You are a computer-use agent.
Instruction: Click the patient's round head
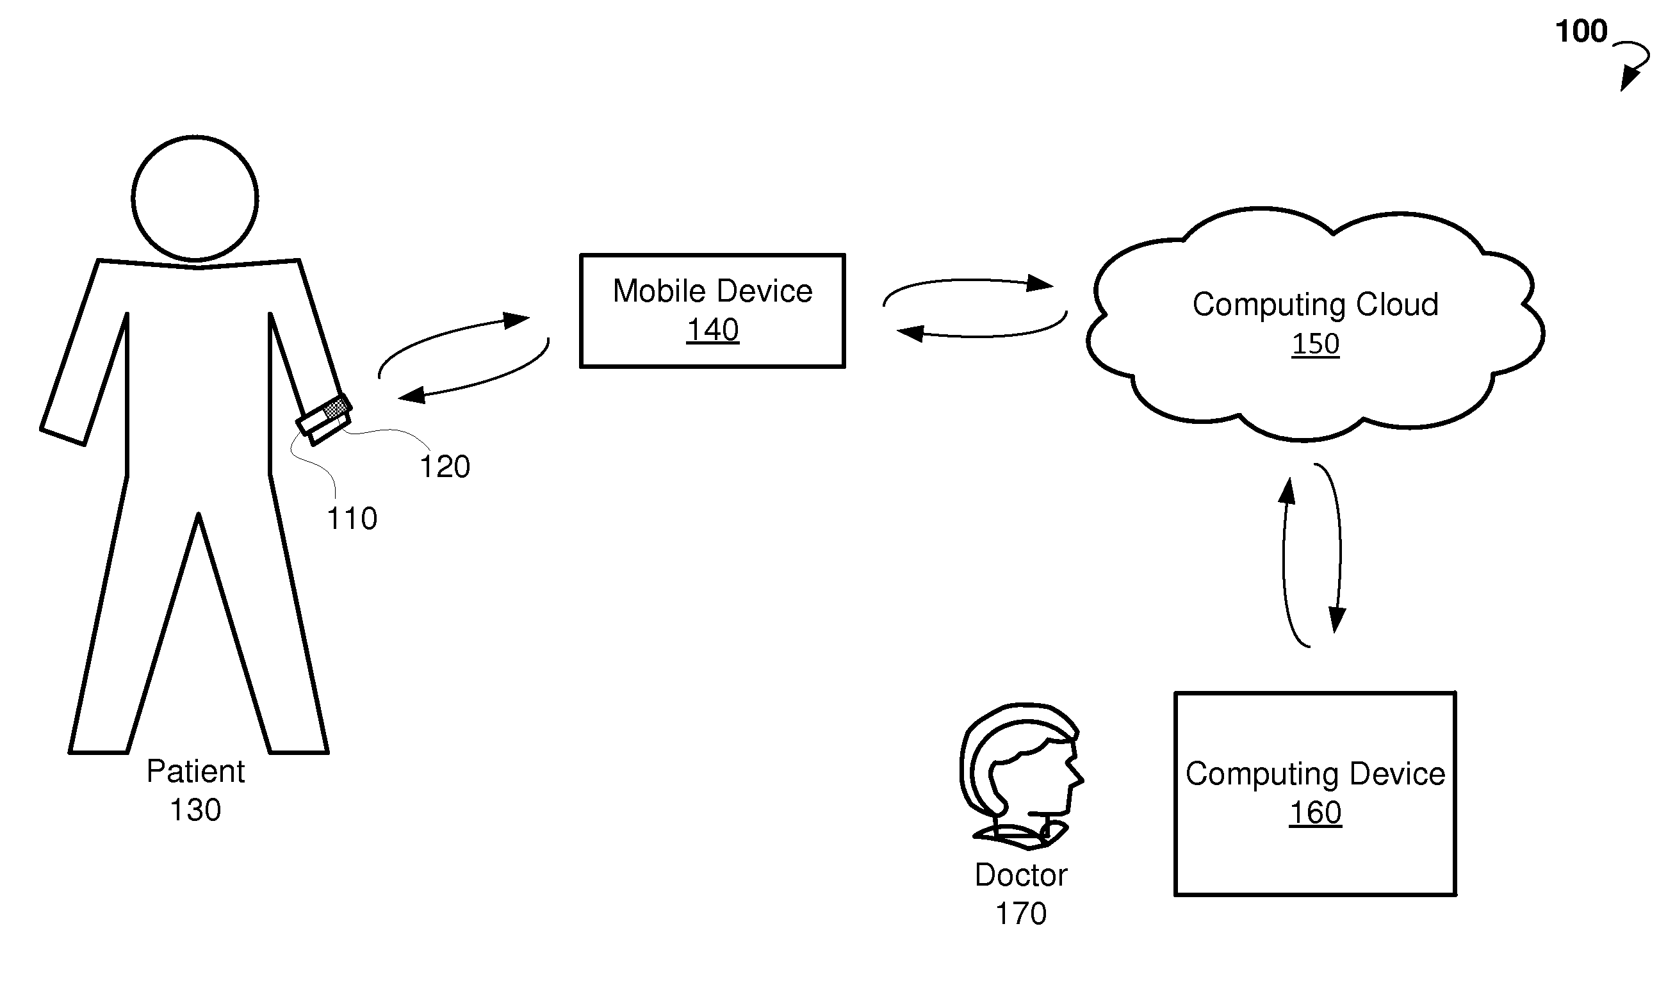tap(195, 197)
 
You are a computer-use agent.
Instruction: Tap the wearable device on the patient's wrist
tap(324, 419)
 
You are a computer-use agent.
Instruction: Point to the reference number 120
tap(445, 466)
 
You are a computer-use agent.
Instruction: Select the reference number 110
tap(352, 518)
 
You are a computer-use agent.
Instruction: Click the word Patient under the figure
tap(195, 771)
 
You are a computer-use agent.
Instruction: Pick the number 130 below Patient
tap(195, 810)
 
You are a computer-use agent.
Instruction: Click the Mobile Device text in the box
tap(713, 291)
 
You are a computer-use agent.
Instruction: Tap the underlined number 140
tap(713, 330)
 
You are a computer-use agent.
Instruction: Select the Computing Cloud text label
tap(1315, 304)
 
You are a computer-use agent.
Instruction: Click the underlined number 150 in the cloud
tap(1315, 344)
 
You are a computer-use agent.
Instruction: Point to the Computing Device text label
tap(1315, 774)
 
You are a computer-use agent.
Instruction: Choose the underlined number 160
tap(1315, 813)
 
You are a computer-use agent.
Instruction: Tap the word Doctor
tap(1021, 875)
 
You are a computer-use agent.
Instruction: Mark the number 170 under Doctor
tap(1021, 913)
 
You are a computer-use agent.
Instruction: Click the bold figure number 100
tap(1581, 31)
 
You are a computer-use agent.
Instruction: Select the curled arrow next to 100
tap(1634, 65)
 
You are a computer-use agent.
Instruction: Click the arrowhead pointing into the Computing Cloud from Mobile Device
tap(1040, 284)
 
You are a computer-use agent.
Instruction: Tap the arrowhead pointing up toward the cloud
tap(1287, 491)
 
